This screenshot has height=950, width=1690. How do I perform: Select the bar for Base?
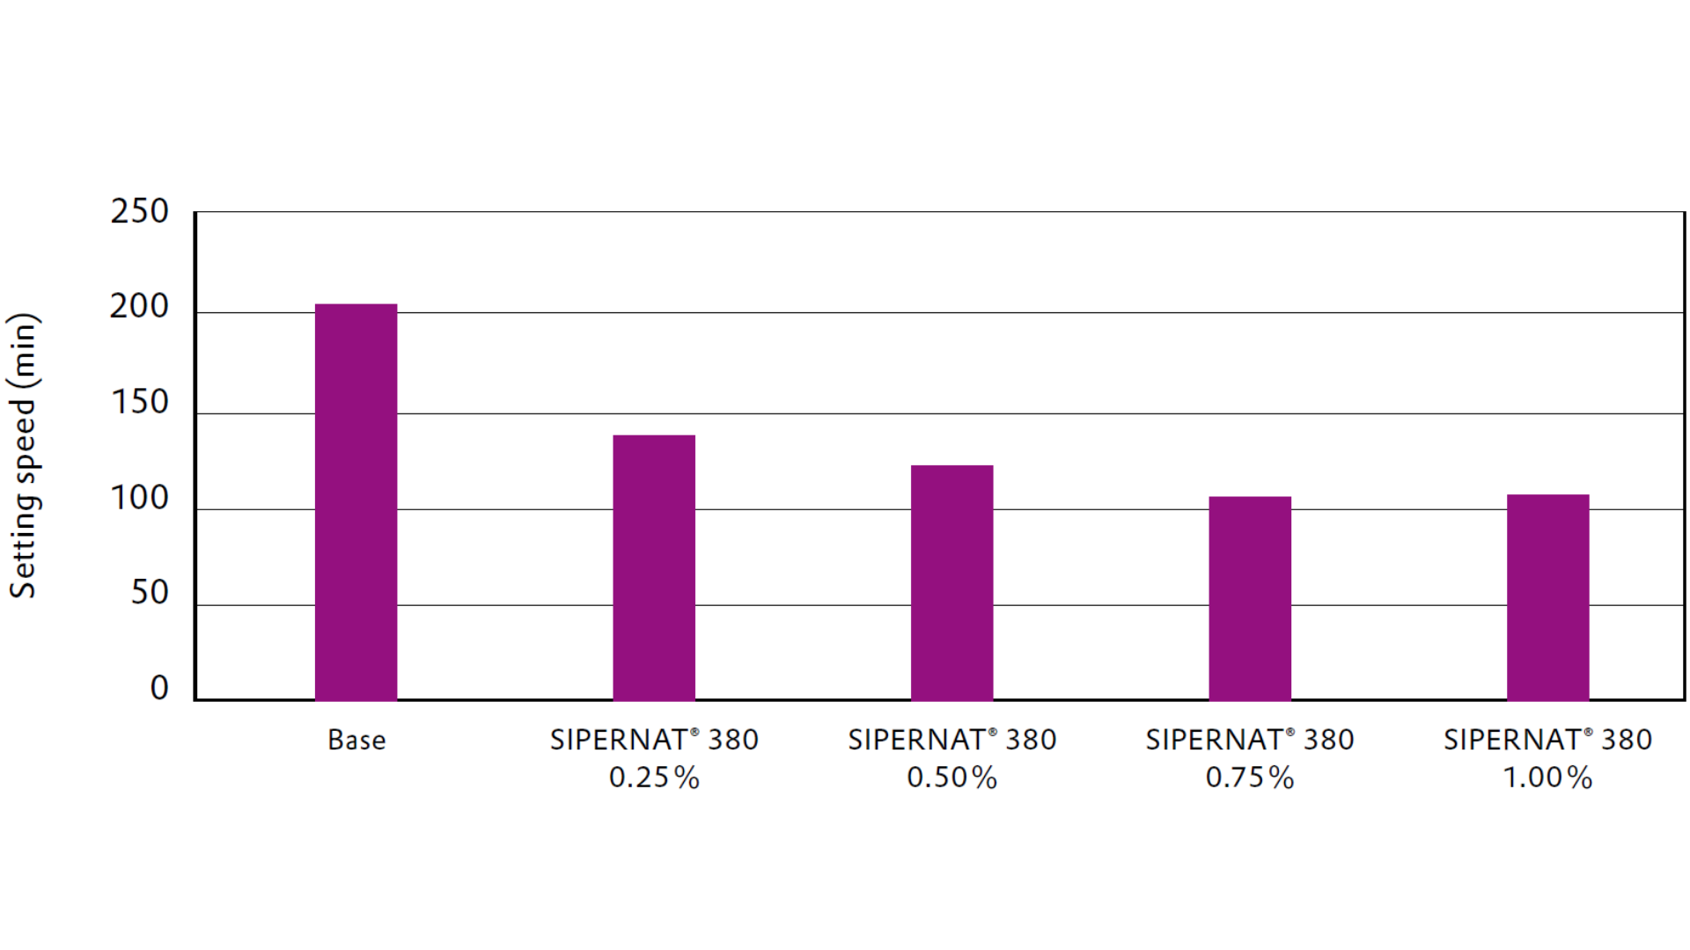pyautogui.click(x=356, y=501)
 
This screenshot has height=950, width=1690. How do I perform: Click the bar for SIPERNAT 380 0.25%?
pyautogui.click(x=654, y=567)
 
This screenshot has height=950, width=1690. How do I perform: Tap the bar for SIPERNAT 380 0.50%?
pyautogui.click(x=952, y=582)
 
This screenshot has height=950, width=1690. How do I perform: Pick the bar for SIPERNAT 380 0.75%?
pyautogui.click(x=1250, y=598)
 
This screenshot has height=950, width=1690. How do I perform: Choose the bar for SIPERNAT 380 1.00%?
pyautogui.click(x=1547, y=597)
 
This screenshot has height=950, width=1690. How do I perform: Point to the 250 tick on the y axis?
pyautogui.click(x=139, y=212)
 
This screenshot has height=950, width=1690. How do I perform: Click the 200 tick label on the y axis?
pyautogui.click(x=139, y=307)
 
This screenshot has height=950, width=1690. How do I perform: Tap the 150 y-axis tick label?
pyautogui.click(x=139, y=403)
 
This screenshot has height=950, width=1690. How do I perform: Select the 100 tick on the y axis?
pyautogui.click(x=139, y=499)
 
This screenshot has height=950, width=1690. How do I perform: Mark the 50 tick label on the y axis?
pyautogui.click(x=150, y=594)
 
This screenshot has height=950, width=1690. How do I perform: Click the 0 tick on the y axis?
pyautogui.click(x=159, y=689)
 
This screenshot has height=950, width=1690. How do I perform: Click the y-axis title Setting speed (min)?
pyautogui.click(x=24, y=456)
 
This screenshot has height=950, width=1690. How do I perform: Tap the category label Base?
pyautogui.click(x=356, y=741)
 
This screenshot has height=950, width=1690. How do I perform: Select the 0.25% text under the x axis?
pyautogui.click(x=654, y=778)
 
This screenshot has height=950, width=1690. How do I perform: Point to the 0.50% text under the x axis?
pyautogui.click(x=952, y=778)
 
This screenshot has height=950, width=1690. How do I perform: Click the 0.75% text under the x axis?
pyautogui.click(x=1250, y=778)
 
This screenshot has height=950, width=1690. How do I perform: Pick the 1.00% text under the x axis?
pyautogui.click(x=1547, y=778)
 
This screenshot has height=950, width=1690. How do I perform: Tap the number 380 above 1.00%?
pyautogui.click(x=1627, y=741)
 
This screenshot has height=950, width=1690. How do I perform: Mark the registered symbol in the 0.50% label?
pyautogui.click(x=993, y=733)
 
